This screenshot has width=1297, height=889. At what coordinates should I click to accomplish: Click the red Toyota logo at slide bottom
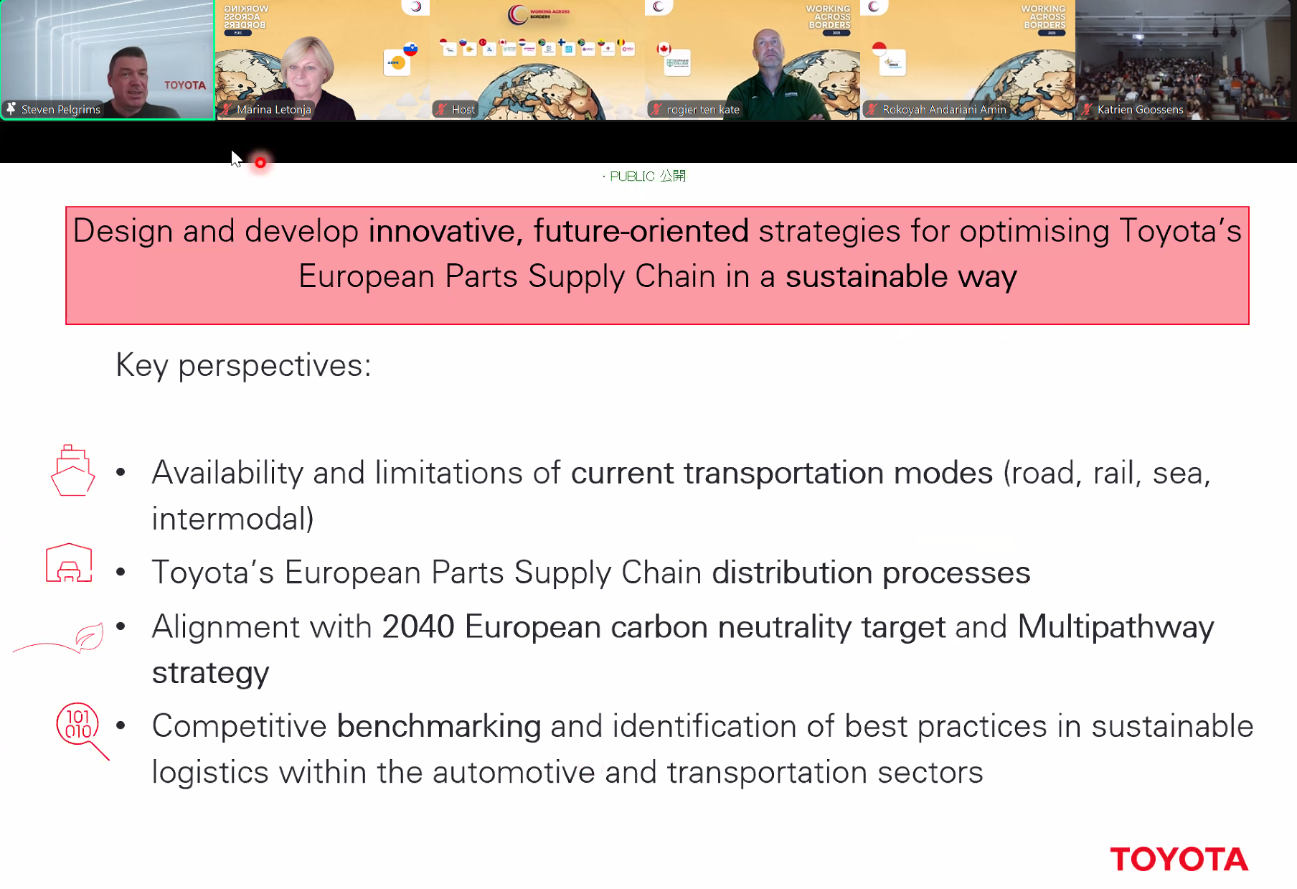click(1179, 859)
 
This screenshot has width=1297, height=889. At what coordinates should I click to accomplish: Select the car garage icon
click(69, 563)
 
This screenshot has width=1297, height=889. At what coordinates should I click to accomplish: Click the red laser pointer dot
click(260, 163)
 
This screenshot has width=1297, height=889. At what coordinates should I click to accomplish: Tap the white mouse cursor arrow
click(237, 159)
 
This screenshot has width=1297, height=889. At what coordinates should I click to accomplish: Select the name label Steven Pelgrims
click(61, 109)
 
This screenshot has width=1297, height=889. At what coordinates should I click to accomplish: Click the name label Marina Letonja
click(274, 109)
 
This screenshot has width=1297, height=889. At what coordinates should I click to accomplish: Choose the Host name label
click(463, 109)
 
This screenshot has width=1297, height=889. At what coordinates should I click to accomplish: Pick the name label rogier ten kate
click(703, 109)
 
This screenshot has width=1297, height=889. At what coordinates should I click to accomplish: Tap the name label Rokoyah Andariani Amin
click(944, 109)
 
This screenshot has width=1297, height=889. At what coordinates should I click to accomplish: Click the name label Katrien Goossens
click(1140, 109)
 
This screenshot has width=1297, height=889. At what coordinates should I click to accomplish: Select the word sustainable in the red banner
click(867, 276)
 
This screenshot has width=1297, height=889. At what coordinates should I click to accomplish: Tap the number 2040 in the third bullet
click(418, 626)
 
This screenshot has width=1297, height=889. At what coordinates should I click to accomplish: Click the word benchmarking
click(439, 726)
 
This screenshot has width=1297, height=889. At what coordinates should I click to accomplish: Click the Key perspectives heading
click(244, 365)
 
